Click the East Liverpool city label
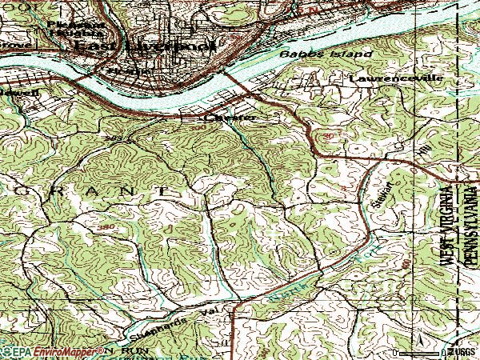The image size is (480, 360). tap(145, 47)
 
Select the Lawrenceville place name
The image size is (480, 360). tap(384, 79)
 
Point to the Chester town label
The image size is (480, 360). tap(230, 118)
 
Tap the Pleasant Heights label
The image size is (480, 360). tap(77, 30)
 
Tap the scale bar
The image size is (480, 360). tap(432, 350)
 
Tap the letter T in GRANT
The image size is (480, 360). tap(163, 192)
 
